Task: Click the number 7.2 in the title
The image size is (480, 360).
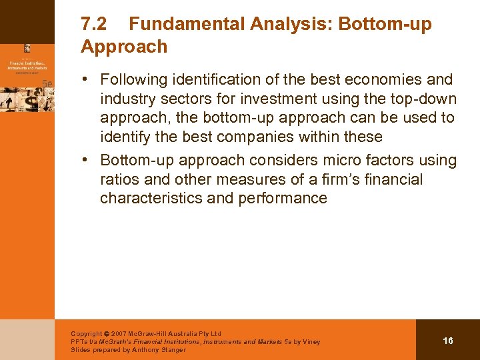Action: click(x=94, y=25)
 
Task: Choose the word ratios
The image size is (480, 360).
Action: click(x=118, y=180)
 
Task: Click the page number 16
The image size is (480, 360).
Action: click(x=448, y=341)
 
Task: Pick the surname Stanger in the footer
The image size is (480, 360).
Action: click(x=171, y=350)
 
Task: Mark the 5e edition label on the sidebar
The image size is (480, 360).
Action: click(x=47, y=83)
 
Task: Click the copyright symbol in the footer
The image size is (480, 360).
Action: click(x=107, y=334)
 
